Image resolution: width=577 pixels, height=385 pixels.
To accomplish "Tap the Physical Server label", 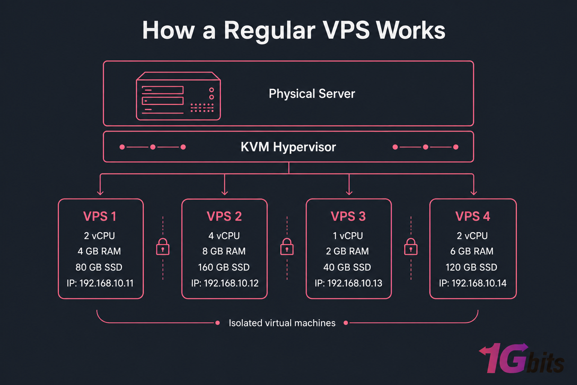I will pyautogui.click(x=312, y=94).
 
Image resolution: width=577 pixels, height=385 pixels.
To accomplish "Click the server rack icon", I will pyautogui.click(x=178, y=96).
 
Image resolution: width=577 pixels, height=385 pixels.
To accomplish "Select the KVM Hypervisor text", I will pyautogui.click(x=288, y=147).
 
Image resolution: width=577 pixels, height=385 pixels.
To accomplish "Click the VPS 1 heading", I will pyautogui.click(x=100, y=217).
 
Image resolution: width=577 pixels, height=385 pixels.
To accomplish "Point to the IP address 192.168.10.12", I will pyautogui.click(x=225, y=283).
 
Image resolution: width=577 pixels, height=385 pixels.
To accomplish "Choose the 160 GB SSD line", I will pyautogui.click(x=224, y=267).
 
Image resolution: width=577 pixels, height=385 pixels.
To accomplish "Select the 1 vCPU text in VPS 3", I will pyautogui.click(x=348, y=236).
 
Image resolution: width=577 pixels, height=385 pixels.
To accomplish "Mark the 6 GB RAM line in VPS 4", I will pyautogui.click(x=472, y=251).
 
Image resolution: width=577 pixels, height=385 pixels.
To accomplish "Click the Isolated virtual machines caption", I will pyautogui.click(x=282, y=323).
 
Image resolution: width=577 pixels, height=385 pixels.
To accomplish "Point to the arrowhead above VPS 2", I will pyautogui.click(x=225, y=192).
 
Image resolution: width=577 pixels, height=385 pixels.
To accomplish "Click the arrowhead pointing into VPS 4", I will pyautogui.click(x=474, y=192).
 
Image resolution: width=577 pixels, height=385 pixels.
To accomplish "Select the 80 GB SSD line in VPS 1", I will pyautogui.click(x=99, y=267).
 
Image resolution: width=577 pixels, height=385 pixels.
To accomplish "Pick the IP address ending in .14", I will pyautogui.click(x=473, y=283).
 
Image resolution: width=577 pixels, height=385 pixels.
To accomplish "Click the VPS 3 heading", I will pyautogui.click(x=348, y=217).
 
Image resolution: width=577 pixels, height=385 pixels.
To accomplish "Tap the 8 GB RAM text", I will pyautogui.click(x=224, y=251).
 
